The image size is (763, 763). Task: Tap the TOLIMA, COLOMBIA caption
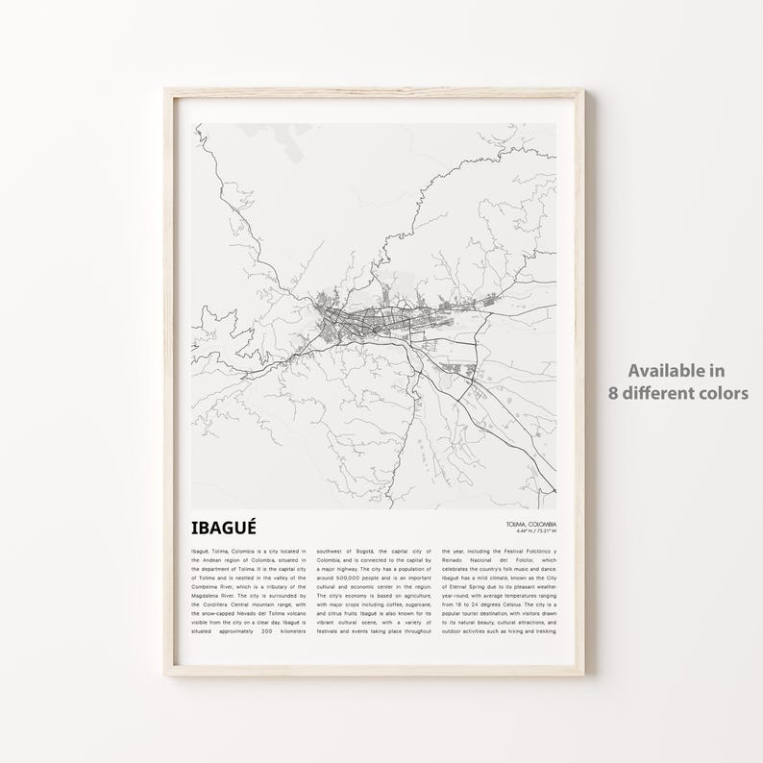click(530, 523)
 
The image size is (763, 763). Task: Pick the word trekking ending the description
click(541, 631)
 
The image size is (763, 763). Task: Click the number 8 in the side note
click(613, 393)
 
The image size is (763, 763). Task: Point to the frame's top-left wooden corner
click(170, 94)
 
